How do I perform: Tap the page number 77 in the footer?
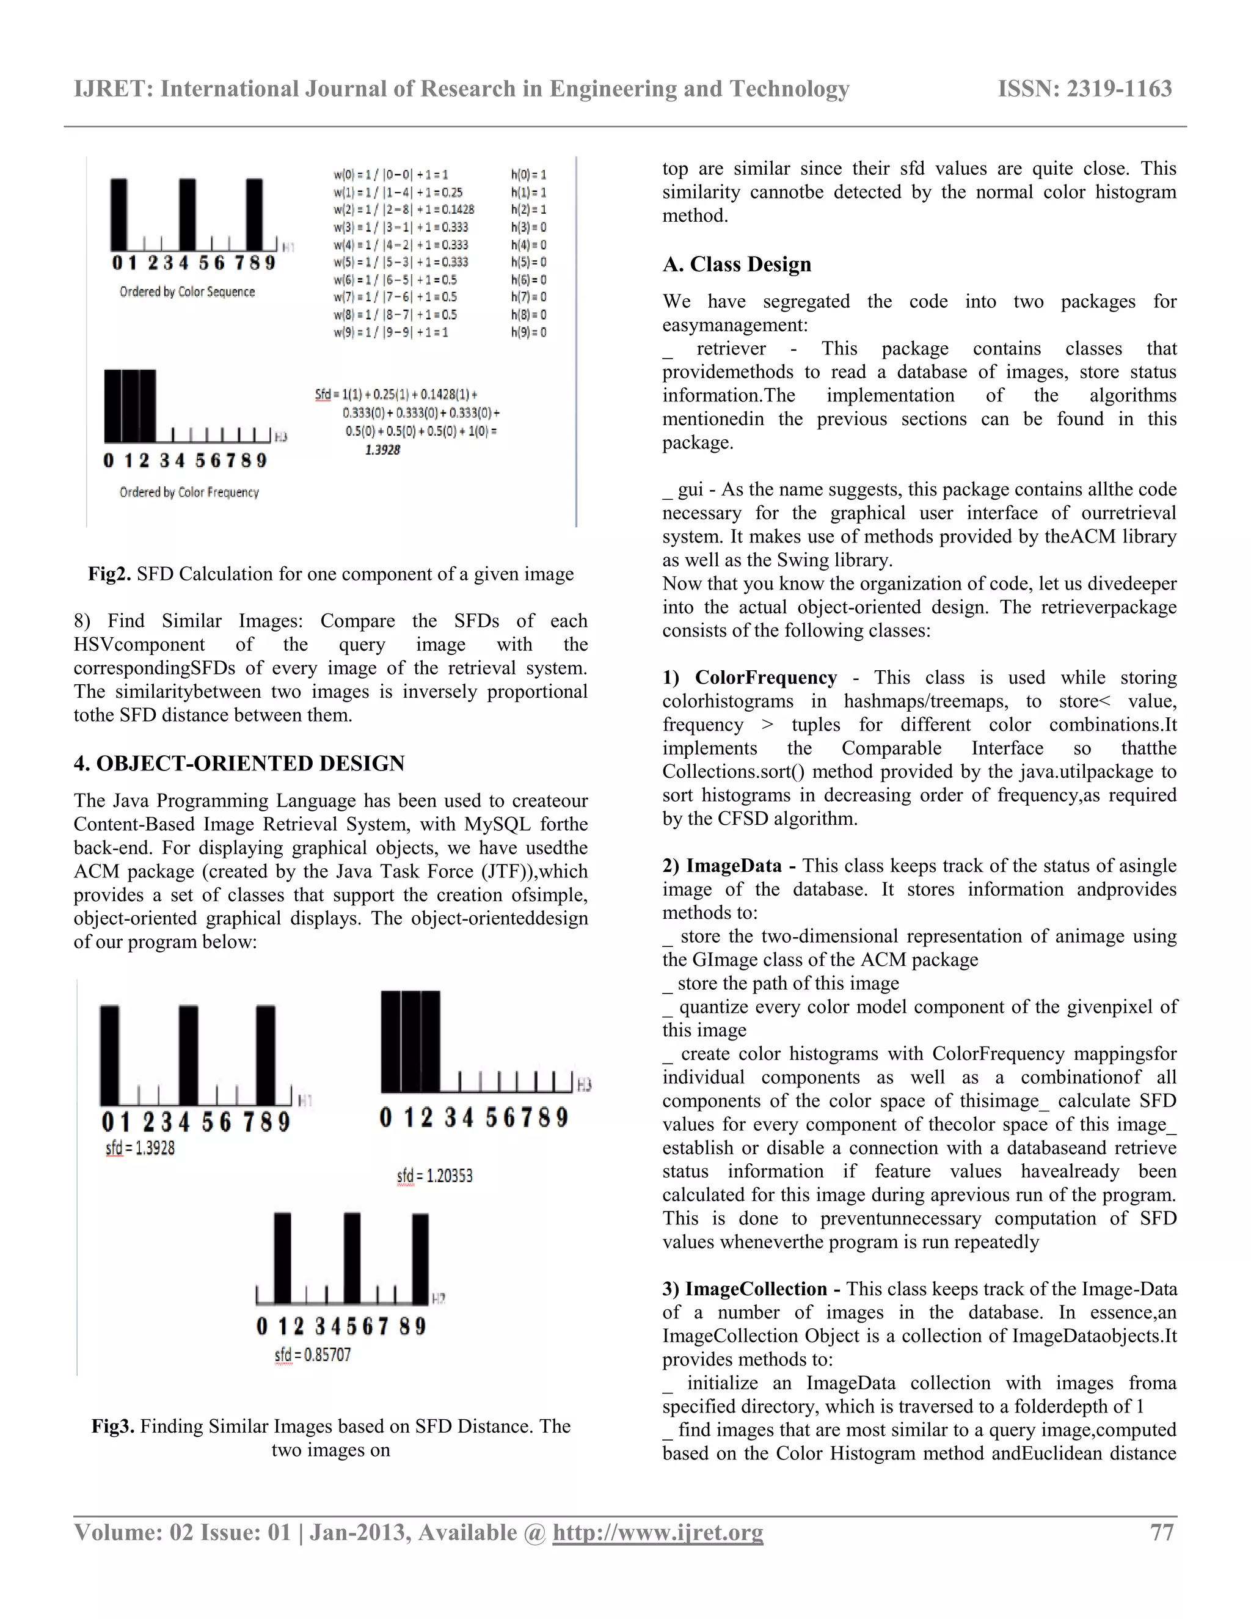coord(1161,1532)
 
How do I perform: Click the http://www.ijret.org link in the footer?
coord(657,1532)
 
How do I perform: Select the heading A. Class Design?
coord(737,265)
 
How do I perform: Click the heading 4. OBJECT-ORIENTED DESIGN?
coord(239,764)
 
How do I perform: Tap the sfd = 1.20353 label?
coord(434,1175)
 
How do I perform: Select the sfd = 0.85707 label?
coord(312,1355)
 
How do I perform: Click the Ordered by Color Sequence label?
coord(187,292)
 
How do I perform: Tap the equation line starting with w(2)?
coord(403,210)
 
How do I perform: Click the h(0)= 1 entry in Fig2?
coord(528,175)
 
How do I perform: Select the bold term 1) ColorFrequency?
coord(750,678)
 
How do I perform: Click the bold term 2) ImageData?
coord(729,866)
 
